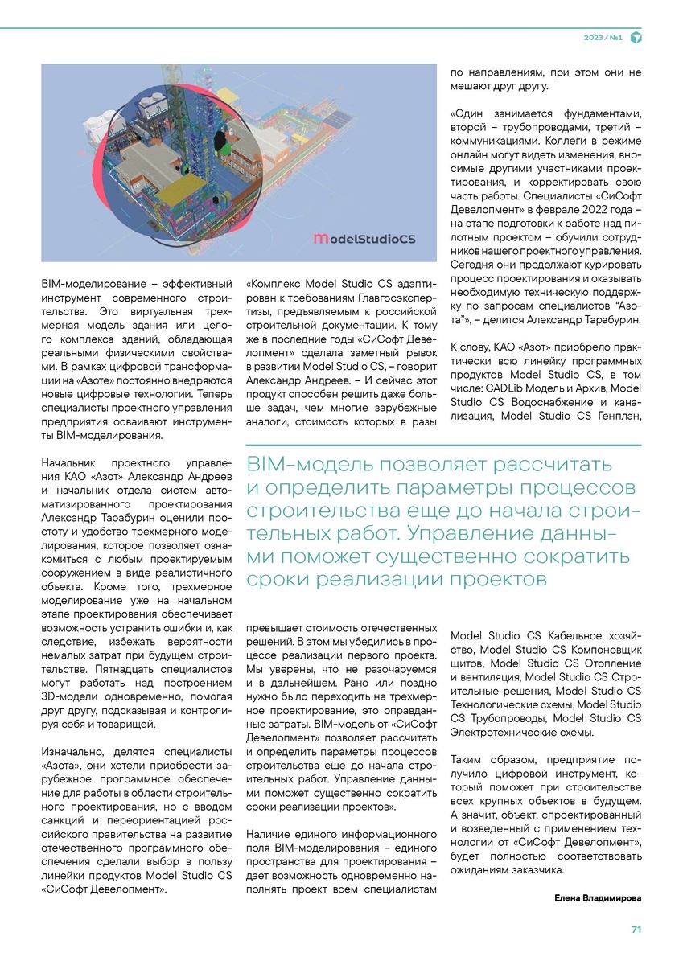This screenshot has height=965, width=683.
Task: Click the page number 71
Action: pyautogui.click(x=636, y=930)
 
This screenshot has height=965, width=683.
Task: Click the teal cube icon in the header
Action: pyautogui.click(x=636, y=37)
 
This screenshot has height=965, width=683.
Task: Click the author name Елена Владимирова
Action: pyautogui.click(x=598, y=897)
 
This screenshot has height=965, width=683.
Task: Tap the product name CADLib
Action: pyautogui.click(x=505, y=388)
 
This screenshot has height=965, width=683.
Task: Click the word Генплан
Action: pyautogui.click(x=616, y=417)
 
